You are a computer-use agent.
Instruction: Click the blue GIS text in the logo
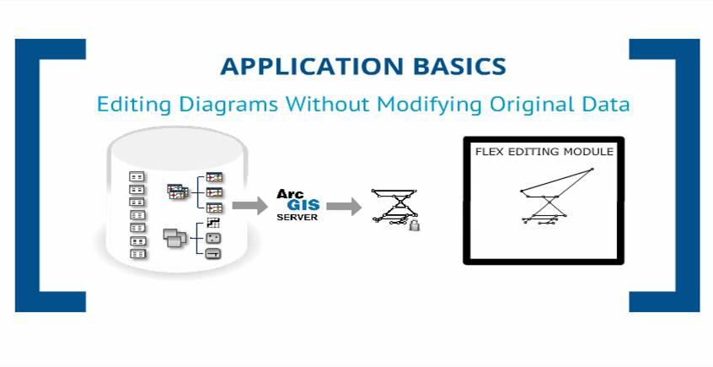point(299,205)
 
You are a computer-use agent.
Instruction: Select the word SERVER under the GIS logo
point(298,217)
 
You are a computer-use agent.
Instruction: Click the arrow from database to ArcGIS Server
point(245,205)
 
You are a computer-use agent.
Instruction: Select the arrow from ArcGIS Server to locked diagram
point(343,205)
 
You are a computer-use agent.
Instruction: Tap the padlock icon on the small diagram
point(414,224)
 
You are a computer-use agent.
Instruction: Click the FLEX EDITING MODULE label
point(544,152)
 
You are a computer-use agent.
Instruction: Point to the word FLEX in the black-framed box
point(491,152)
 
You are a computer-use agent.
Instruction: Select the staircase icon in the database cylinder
point(213,223)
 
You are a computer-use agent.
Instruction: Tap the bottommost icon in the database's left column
point(137,253)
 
